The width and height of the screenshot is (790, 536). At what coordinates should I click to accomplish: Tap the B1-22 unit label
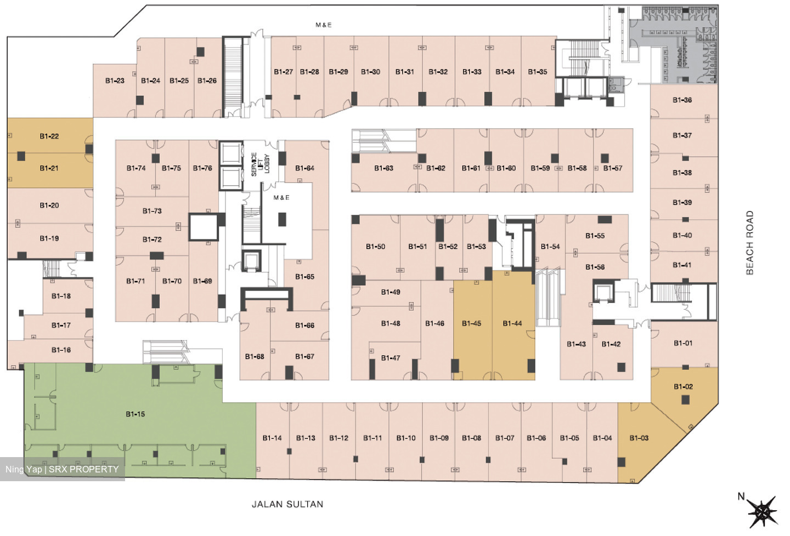click(x=49, y=136)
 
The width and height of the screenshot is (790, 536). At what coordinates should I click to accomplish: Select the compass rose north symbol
click(x=763, y=511)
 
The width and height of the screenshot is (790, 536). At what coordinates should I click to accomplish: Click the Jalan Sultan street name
click(x=287, y=504)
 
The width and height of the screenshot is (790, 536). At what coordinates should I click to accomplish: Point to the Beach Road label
click(x=750, y=242)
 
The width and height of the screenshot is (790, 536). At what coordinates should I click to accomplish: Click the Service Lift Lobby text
click(x=260, y=164)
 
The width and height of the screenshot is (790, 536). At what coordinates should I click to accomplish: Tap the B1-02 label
click(x=684, y=386)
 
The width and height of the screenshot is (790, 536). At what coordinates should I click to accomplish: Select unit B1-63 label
click(x=383, y=168)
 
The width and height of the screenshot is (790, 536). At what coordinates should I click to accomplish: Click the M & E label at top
click(x=324, y=25)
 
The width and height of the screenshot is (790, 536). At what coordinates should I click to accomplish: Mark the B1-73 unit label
click(x=152, y=211)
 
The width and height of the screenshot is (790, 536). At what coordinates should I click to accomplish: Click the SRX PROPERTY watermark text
click(x=83, y=469)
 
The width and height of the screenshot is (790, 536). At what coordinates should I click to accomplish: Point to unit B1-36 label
click(x=682, y=100)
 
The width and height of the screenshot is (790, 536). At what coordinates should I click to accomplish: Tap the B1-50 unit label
click(x=376, y=246)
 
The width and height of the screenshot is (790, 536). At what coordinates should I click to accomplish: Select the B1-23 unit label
click(x=115, y=81)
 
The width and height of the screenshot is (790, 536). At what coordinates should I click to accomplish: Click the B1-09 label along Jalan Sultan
click(x=439, y=438)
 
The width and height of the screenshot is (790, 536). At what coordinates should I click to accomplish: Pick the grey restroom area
click(x=674, y=44)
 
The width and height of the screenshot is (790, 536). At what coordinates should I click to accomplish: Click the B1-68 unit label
click(x=255, y=356)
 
